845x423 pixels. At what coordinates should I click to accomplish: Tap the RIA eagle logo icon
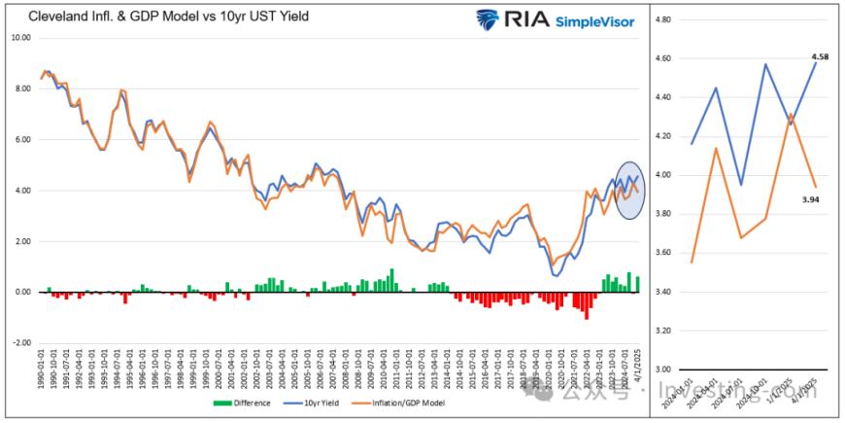(485, 19)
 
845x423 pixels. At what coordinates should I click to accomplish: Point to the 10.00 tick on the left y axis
(21, 38)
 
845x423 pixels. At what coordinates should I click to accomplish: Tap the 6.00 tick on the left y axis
(21, 139)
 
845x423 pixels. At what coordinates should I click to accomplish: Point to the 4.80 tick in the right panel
(664, 19)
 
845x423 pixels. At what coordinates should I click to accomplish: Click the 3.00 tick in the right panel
(664, 370)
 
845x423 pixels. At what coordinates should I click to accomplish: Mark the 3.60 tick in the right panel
(664, 253)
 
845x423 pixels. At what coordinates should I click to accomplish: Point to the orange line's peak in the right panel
(791, 114)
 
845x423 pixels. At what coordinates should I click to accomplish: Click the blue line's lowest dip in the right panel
(740, 185)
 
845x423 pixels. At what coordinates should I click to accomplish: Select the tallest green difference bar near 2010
(391, 280)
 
